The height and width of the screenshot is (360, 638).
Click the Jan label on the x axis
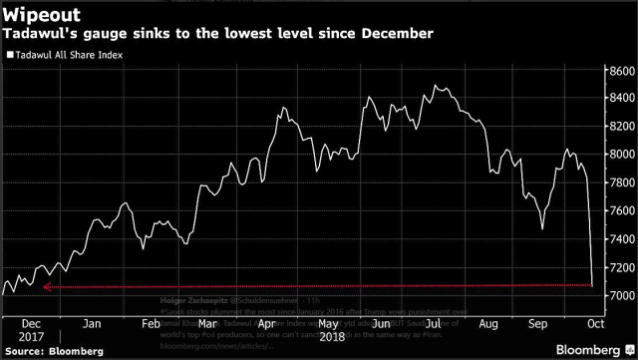[90, 296]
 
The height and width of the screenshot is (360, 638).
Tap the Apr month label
[265, 296]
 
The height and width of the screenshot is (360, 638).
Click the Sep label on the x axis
[535, 296]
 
